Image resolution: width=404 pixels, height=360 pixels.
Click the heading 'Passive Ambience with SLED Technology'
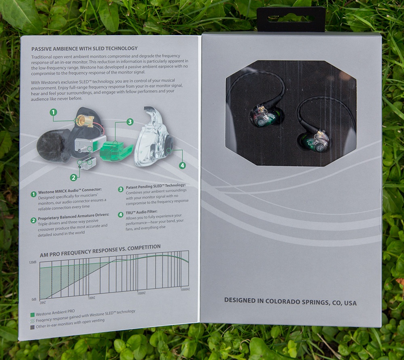point(84,48)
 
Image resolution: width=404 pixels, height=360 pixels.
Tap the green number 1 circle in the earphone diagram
point(53,112)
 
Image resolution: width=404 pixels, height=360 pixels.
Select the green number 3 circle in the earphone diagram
point(130,122)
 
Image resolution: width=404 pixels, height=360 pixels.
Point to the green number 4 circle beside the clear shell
point(183,165)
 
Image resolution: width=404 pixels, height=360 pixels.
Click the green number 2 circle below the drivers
point(74,177)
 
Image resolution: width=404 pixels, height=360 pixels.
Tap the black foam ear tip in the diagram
point(54,146)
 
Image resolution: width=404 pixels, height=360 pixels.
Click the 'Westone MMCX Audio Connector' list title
point(70,191)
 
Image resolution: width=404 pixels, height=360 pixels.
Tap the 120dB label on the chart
point(33,262)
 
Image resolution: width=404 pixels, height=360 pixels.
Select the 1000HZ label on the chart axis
point(141,293)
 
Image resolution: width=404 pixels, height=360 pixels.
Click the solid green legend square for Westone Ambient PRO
point(32,315)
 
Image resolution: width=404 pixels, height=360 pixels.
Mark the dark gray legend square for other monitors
point(32,327)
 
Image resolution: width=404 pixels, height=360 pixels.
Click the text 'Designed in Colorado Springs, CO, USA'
point(290,301)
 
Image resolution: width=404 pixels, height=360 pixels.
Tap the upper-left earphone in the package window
point(265,116)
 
